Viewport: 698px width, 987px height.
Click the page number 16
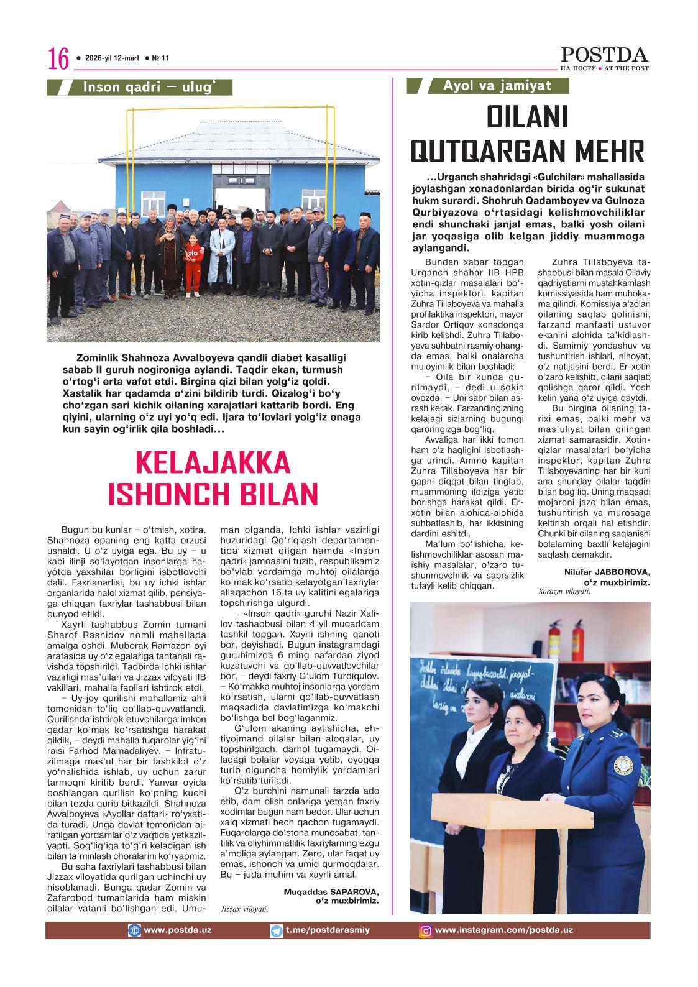(x=58, y=60)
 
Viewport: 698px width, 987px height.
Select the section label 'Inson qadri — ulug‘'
(x=149, y=87)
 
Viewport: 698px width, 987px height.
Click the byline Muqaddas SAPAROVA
(x=327, y=891)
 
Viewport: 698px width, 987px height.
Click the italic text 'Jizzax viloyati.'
(x=244, y=908)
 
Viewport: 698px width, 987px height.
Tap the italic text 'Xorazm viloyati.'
(x=564, y=592)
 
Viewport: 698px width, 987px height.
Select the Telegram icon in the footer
(x=277, y=930)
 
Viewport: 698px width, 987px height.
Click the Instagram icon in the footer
(x=426, y=931)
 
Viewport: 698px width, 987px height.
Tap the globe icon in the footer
(x=134, y=930)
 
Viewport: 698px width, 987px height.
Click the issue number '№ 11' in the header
(x=161, y=58)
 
